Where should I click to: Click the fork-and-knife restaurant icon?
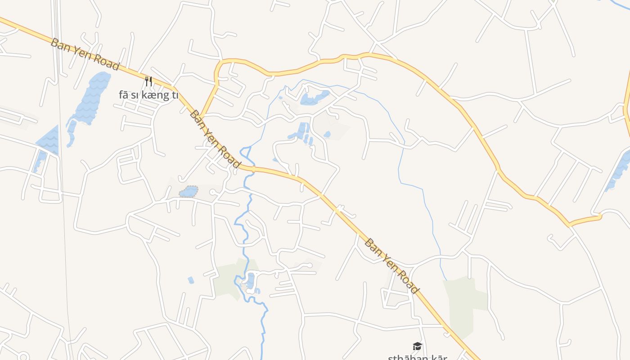point(148,81)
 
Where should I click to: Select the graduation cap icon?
point(417,346)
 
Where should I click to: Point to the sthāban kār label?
point(417,357)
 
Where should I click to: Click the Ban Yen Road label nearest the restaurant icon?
point(85,54)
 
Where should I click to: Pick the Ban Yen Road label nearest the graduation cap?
point(391,266)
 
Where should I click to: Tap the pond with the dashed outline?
point(189,192)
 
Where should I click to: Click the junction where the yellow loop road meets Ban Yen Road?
point(201,117)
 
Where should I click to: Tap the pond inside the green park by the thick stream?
point(250,281)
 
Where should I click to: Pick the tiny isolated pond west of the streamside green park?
point(191,280)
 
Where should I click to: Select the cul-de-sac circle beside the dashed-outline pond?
point(212,193)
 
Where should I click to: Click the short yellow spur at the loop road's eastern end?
point(585,220)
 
